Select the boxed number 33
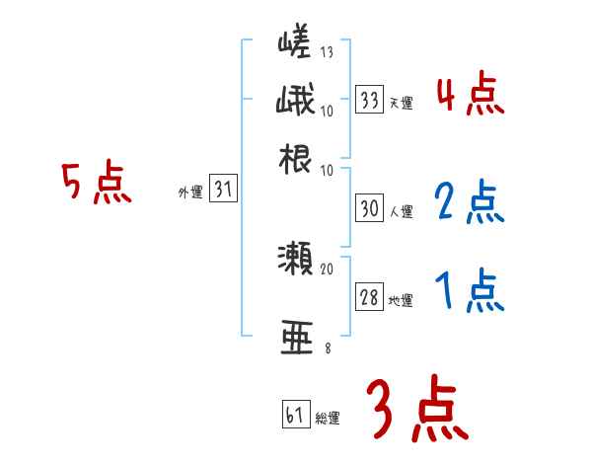pyautogui.click(x=370, y=99)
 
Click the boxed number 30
pyautogui.click(x=370, y=208)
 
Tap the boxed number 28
pyautogui.click(x=370, y=298)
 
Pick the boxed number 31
pyautogui.click(x=224, y=191)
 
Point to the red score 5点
pyautogui.click(x=96, y=185)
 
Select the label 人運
pyautogui.click(x=402, y=211)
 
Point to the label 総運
pyautogui.click(x=328, y=418)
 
